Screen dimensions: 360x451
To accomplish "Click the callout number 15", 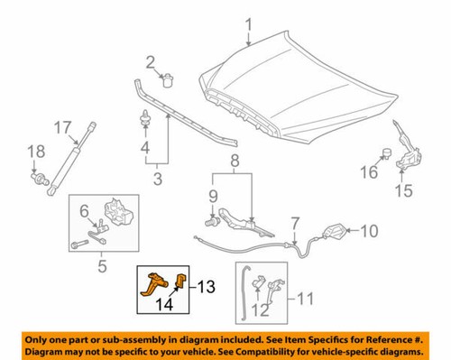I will (404, 190).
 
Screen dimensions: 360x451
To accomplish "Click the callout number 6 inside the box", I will (84, 212).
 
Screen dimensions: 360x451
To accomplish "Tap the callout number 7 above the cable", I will (295, 222).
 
